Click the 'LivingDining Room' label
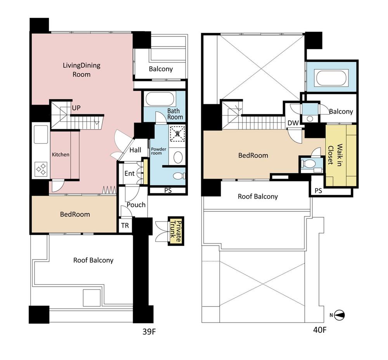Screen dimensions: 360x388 click(x=81, y=69)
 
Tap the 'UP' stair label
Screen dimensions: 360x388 click(x=76, y=108)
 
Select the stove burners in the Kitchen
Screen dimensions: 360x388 click(x=41, y=168)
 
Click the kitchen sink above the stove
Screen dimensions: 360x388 click(x=41, y=135)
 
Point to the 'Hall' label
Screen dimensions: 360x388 click(x=135, y=150)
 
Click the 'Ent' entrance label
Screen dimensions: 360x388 click(x=130, y=173)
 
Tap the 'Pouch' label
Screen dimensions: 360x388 click(x=136, y=204)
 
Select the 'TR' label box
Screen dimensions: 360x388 click(x=125, y=225)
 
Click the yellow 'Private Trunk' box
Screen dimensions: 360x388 click(x=175, y=231)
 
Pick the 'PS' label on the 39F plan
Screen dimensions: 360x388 click(x=168, y=190)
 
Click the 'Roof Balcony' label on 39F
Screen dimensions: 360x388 click(x=93, y=260)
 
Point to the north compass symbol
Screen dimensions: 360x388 click(x=340, y=315)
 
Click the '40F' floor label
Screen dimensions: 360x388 click(x=320, y=331)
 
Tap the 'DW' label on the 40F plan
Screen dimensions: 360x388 click(x=293, y=123)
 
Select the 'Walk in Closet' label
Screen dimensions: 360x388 click(x=336, y=154)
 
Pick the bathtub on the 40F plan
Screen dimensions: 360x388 click(x=331, y=78)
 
